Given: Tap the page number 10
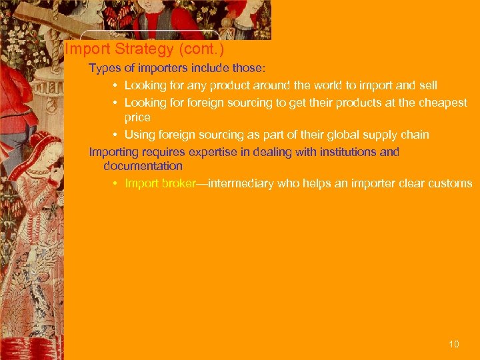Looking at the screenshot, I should point(454,344).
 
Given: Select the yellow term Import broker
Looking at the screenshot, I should point(160,183).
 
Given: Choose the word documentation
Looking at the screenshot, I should point(143,166).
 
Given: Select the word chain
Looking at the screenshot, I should point(414,135).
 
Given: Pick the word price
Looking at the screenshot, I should point(137,118).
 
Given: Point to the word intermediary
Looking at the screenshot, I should point(237,183).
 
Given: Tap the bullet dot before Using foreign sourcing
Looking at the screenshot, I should point(115,135).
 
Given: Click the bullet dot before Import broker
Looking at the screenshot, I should point(115,183).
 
